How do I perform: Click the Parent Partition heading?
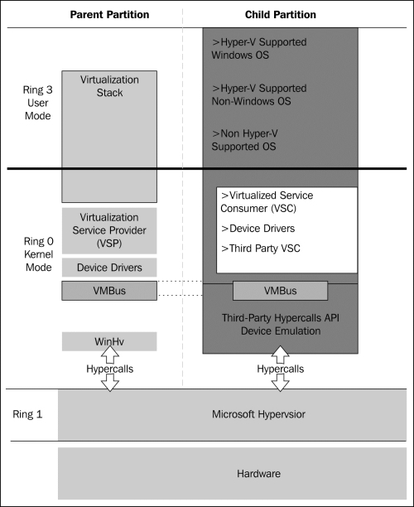tap(109, 15)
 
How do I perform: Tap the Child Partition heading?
tap(281, 15)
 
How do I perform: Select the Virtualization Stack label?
tap(109, 86)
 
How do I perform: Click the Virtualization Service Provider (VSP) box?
tap(109, 230)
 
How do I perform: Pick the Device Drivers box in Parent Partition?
tap(109, 268)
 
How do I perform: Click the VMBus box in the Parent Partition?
tap(109, 291)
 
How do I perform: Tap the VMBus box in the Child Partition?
tap(280, 291)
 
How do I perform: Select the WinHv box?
tap(109, 341)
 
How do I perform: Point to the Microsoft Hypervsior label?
tap(258, 414)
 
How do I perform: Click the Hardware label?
tap(258, 474)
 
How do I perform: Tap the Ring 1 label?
tap(27, 414)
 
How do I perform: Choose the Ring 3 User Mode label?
tap(38, 103)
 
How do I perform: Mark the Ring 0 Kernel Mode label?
tap(38, 254)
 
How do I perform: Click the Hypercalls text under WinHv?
tap(109, 369)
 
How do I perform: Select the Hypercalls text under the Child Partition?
tap(280, 369)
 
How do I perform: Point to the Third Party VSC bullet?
tap(261, 249)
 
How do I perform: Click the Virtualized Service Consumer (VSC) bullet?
tap(267, 202)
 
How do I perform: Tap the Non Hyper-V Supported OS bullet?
tap(244, 140)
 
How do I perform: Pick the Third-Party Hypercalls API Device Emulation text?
tap(281, 324)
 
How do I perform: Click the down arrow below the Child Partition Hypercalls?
tap(280, 384)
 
